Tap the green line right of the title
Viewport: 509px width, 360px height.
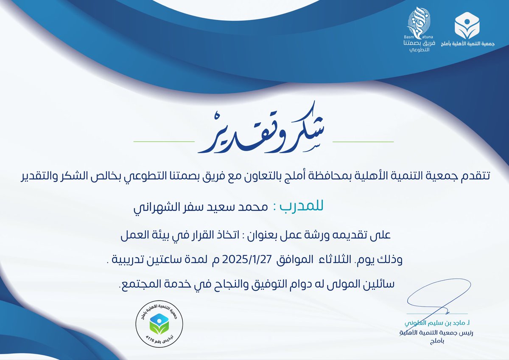point(364,141)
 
